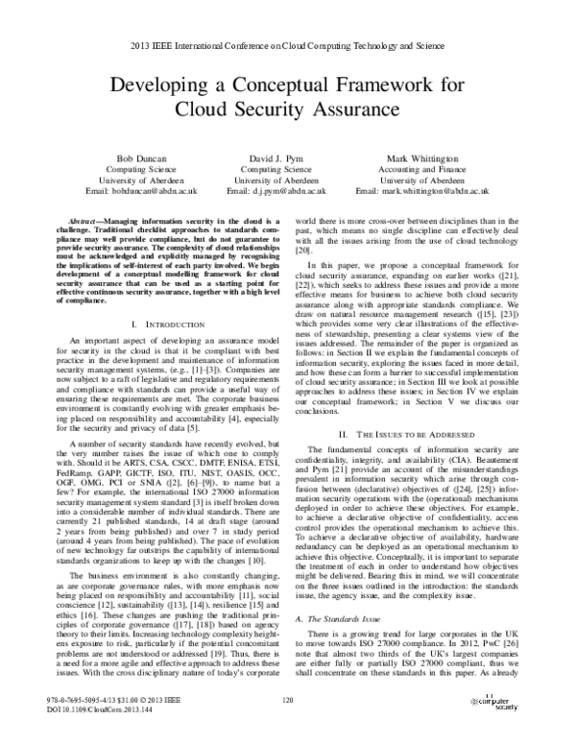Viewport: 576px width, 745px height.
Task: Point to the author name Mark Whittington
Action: click(422, 155)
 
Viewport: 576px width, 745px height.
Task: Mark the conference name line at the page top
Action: click(287, 45)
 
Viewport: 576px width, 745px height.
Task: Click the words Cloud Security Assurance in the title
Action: click(287, 108)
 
